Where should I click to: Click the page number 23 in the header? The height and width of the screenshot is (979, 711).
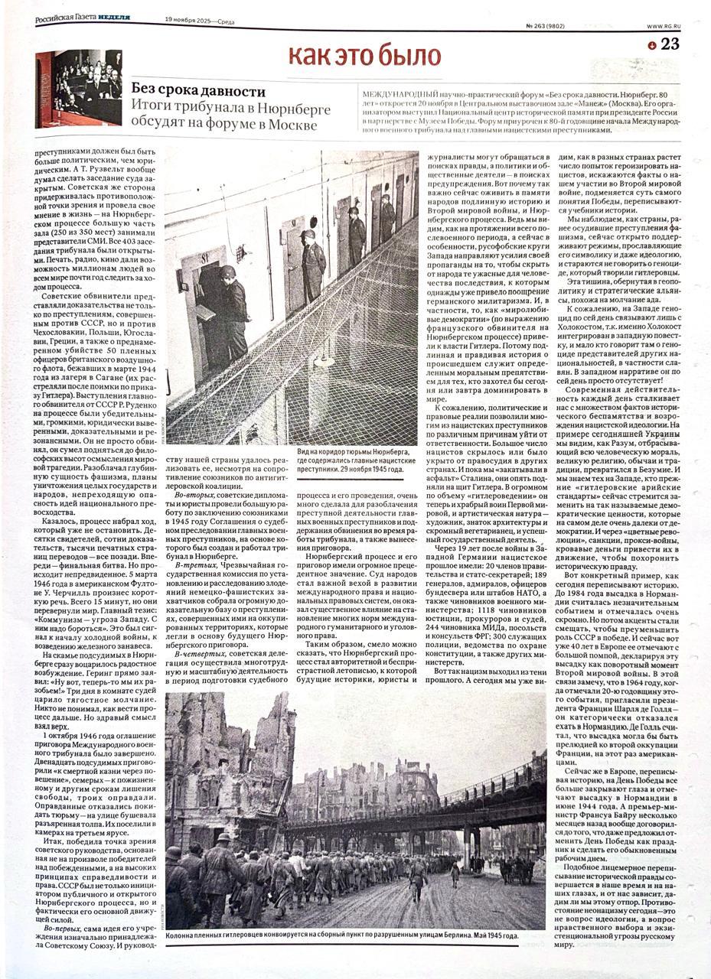670,44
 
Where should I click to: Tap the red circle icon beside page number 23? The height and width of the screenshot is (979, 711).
652,45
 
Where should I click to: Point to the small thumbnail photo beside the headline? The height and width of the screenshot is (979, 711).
80,88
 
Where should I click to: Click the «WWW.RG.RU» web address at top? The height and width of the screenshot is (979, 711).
663,26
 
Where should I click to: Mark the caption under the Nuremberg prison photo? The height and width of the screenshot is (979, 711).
351,463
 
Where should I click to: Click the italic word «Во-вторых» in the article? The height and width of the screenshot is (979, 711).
195,496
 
